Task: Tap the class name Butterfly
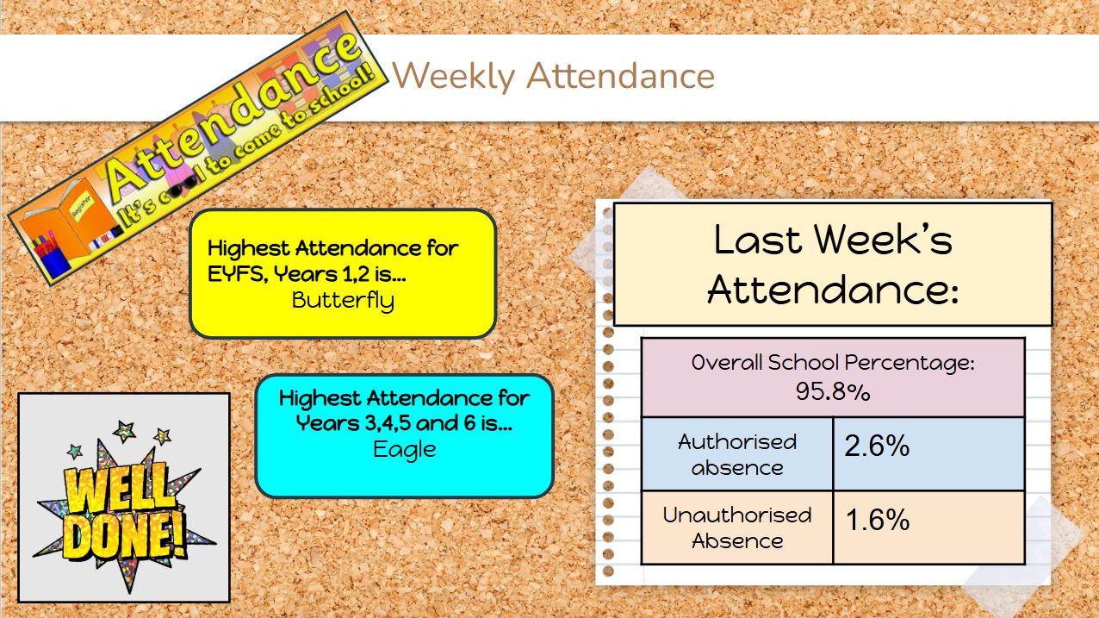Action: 343,301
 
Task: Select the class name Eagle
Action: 404,450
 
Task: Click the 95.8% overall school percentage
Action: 833,391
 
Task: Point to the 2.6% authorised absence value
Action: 878,446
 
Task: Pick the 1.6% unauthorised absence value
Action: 878,520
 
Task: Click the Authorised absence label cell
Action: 737,454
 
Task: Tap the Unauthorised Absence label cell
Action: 737,527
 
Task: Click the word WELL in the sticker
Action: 119,490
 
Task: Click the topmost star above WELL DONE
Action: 124,431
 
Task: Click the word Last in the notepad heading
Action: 758,240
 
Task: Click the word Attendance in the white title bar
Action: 621,77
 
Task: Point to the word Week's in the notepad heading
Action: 883,240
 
